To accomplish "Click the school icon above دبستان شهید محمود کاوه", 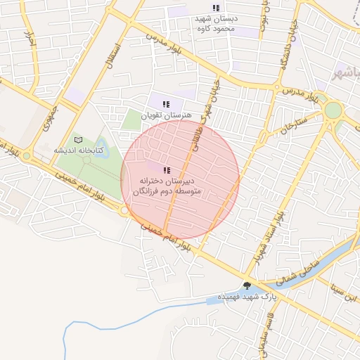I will (216, 7).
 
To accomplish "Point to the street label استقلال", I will (112, 54).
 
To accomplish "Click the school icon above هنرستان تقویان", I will (165, 104).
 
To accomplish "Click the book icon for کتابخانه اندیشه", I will (79, 139).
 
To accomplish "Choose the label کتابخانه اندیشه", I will (79, 150).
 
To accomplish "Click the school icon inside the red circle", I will (167, 170).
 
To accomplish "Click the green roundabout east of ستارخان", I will (333, 110).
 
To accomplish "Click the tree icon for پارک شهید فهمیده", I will (247, 285).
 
